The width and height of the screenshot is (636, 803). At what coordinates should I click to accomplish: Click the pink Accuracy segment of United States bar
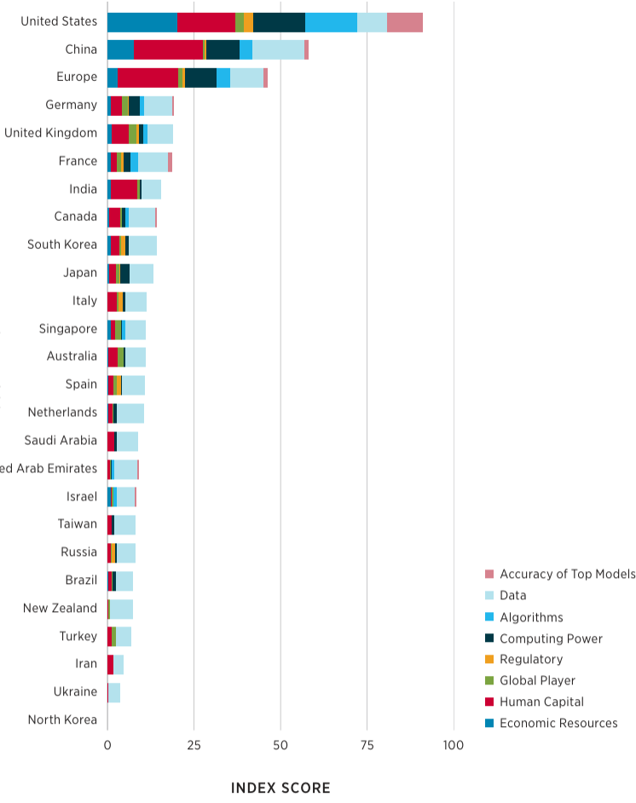click(x=404, y=22)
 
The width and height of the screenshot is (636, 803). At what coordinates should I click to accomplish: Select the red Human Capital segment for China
click(x=168, y=49)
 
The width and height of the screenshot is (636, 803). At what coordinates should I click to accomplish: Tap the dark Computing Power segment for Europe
click(x=200, y=78)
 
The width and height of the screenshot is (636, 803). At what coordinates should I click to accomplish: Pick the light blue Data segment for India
click(x=151, y=189)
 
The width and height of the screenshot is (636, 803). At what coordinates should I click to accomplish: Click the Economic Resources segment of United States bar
click(x=142, y=22)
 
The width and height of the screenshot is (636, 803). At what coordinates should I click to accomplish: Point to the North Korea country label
click(x=62, y=719)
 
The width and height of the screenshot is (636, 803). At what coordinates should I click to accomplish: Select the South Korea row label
click(x=62, y=245)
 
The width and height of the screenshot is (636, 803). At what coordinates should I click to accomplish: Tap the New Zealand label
click(x=60, y=608)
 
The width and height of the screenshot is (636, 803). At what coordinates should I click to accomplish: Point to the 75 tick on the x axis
click(x=367, y=745)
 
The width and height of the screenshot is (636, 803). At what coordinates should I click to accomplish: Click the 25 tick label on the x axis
click(x=194, y=745)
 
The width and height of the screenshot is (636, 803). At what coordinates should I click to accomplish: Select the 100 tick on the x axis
click(x=454, y=745)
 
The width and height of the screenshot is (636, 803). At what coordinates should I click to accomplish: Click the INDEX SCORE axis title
click(x=280, y=788)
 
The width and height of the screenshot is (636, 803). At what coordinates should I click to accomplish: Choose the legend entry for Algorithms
click(x=531, y=617)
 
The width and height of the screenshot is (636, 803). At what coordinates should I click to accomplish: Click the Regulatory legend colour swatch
click(x=489, y=660)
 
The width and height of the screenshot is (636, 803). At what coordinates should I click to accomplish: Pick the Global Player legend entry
click(x=537, y=681)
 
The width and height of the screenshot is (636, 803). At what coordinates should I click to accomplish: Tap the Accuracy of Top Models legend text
click(x=567, y=575)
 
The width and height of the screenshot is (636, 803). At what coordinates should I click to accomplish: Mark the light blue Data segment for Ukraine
click(x=114, y=692)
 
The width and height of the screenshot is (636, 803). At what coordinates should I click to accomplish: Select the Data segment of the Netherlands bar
click(x=130, y=413)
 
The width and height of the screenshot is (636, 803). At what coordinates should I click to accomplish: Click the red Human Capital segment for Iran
click(x=111, y=664)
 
